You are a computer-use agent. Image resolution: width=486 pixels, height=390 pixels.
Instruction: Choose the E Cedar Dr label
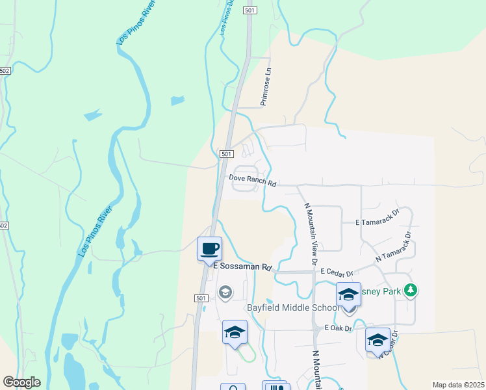pyautogui.click(x=336, y=274)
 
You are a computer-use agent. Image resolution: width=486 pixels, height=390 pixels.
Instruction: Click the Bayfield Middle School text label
pyautogui.click(x=291, y=307)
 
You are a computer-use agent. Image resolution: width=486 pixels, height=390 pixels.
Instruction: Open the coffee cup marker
pyautogui.click(x=209, y=248)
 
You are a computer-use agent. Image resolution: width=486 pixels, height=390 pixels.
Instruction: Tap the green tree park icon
pyautogui.click(x=410, y=290)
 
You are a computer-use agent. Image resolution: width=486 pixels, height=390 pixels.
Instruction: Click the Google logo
pyautogui.click(x=21, y=382)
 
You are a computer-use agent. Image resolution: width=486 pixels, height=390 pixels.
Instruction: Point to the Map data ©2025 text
pyautogui.click(x=458, y=385)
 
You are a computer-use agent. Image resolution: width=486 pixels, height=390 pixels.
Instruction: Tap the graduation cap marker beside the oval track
pyautogui.click(x=235, y=332)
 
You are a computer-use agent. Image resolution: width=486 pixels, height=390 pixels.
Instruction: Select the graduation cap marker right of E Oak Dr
pyautogui.click(x=377, y=340)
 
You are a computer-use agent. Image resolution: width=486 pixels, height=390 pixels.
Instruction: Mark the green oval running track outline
pyautogui.click(x=246, y=355)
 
